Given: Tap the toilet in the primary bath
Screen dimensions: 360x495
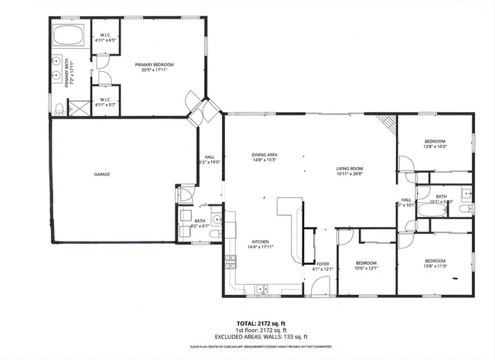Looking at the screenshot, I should [59, 108].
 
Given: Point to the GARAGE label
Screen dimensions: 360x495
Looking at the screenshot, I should [102, 174].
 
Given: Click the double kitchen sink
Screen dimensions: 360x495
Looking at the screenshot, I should [261, 290].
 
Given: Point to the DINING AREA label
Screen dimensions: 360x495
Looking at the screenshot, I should [265, 155].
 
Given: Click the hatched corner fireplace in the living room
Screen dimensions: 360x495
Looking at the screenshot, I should [387, 124].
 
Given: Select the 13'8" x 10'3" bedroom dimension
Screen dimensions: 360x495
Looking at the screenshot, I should [435, 146].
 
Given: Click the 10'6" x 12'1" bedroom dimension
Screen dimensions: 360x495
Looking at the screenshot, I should [366, 269].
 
